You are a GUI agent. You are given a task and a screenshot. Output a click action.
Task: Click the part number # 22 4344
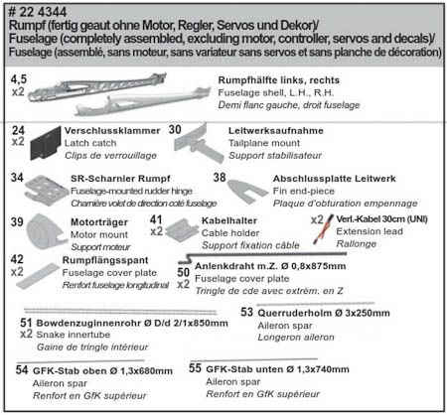[38, 12]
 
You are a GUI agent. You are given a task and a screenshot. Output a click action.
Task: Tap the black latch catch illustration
[46, 144]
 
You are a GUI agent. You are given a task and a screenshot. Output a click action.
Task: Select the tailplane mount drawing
[199, 143]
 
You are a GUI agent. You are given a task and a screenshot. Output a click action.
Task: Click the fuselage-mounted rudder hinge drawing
[47, 191]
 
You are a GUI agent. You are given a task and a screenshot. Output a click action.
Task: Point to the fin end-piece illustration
[247, 191]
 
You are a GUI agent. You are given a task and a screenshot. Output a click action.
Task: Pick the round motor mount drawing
[46, 232]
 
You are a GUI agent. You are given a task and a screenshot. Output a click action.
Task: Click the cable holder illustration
[182, 229]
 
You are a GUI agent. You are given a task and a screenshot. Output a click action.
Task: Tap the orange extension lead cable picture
[323, 229]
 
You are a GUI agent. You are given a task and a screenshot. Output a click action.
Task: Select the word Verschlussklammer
[112, 131]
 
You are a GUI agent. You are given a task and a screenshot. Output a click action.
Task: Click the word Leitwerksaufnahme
[276, 131]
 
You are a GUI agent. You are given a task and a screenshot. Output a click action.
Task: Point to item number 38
[220, 178]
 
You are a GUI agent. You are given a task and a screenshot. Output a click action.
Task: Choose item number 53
[246, 312]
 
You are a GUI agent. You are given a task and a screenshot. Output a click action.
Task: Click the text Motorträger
[99, 222]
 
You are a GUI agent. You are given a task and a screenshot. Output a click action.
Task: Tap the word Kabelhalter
[229, 220]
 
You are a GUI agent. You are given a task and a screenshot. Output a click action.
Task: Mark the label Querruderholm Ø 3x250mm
[324, 313]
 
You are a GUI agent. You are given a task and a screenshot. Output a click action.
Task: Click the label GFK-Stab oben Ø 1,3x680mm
[102, 370]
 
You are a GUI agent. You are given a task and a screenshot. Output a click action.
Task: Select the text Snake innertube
[74, 335]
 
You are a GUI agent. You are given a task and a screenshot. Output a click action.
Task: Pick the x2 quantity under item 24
[18, 142]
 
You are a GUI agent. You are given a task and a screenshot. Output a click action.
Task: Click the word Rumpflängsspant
[105, 260]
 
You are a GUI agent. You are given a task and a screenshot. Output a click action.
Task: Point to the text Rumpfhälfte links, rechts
[279, 80]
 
